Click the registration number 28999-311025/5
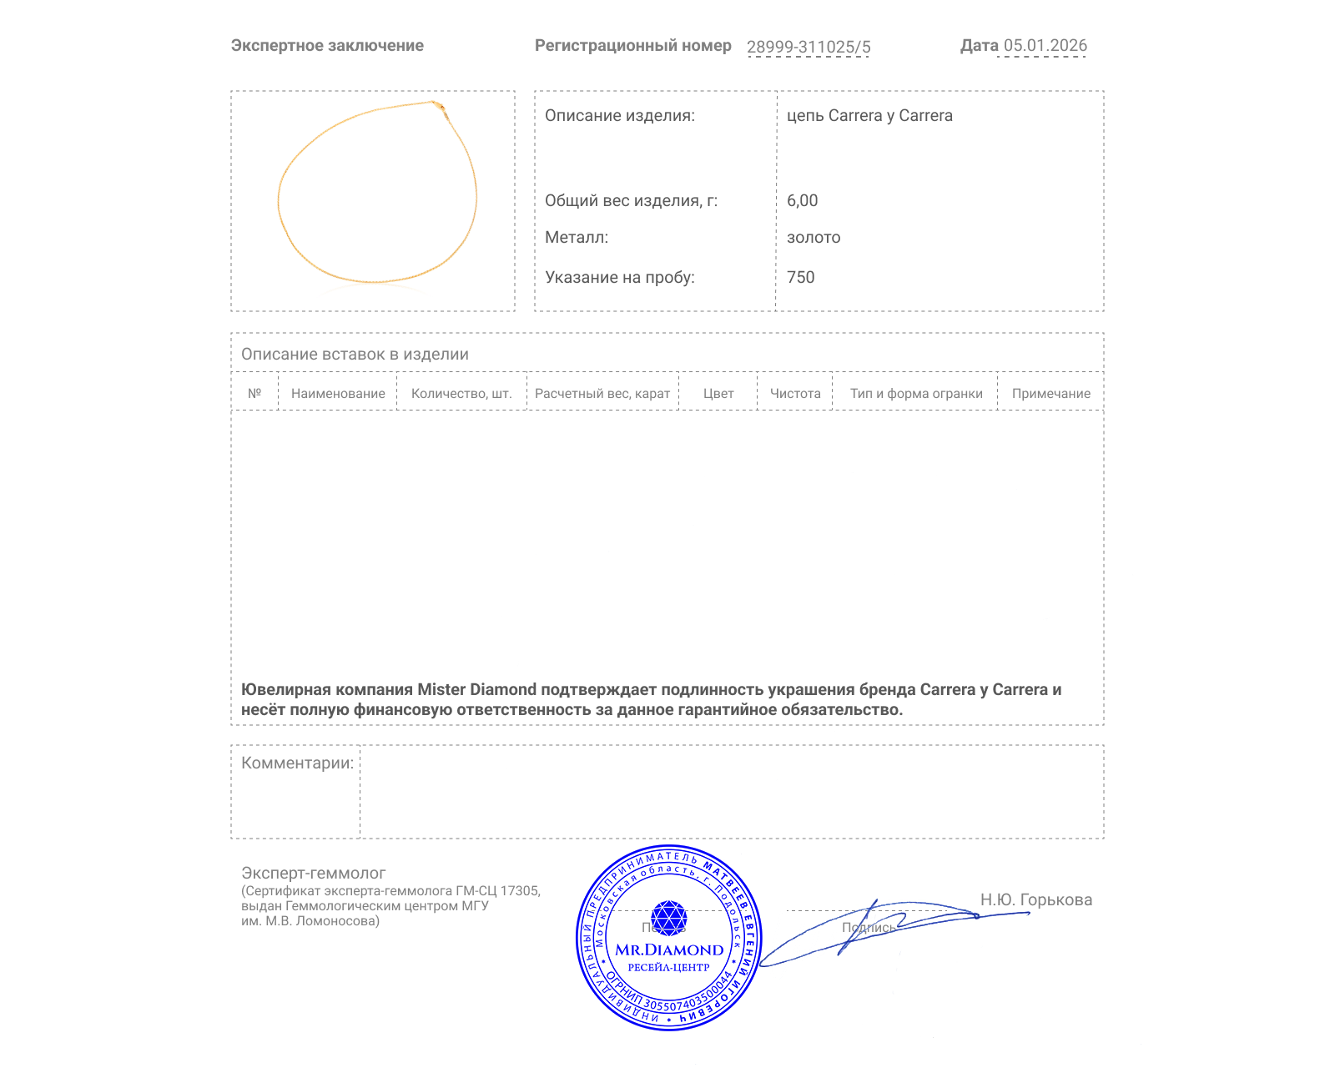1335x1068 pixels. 808,47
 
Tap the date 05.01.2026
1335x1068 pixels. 1045,46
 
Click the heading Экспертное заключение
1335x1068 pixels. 327,46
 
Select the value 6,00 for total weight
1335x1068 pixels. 802,200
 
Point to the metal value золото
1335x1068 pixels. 814,237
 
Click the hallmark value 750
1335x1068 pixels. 800,277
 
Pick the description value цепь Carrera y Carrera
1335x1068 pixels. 869,116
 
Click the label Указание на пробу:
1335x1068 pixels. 619,277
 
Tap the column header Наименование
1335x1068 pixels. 338,394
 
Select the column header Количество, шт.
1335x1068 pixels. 461,394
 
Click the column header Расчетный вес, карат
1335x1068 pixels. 602,394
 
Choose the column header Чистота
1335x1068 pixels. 795,394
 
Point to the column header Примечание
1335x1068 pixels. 1050,394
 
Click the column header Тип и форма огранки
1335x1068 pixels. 916,394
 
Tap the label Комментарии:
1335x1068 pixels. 297,763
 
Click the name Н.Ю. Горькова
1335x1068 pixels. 1035,899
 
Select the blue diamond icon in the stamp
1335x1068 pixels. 668,918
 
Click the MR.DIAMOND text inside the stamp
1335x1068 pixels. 669,950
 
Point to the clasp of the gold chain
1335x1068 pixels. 438,105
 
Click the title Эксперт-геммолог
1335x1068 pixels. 313,873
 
